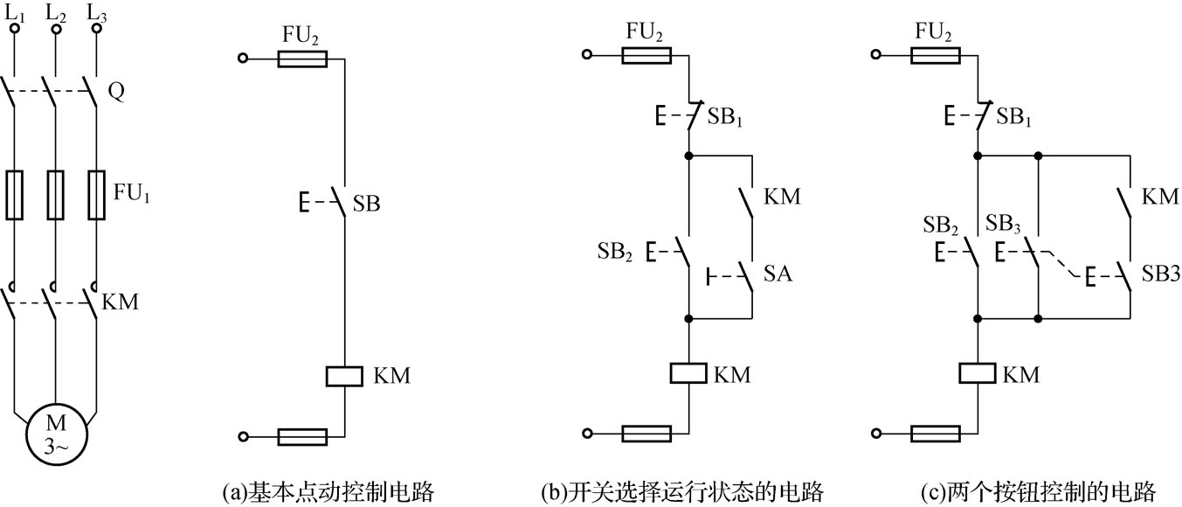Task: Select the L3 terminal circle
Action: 96,29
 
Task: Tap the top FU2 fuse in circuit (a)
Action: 302,59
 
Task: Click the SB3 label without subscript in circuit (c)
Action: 1162,274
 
